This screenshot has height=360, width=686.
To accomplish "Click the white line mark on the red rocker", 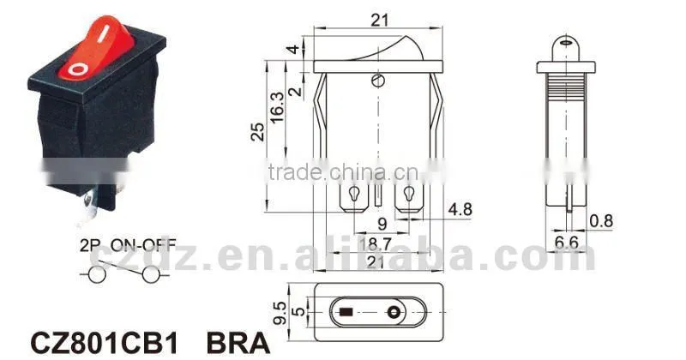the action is tap(101, 33).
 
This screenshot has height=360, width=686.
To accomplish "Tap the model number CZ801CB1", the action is tap(105, 344).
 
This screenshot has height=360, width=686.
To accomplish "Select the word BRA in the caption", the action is tap(238, 344).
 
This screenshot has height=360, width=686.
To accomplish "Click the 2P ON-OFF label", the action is tap(128, 245).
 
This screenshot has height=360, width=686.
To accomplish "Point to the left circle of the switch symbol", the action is tap(97, 274).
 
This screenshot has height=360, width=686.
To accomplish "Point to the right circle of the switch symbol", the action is tap(151, 274).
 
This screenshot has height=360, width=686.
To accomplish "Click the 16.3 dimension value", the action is tap(277, 108).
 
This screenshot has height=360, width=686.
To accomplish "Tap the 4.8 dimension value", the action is tap(460, 209).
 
